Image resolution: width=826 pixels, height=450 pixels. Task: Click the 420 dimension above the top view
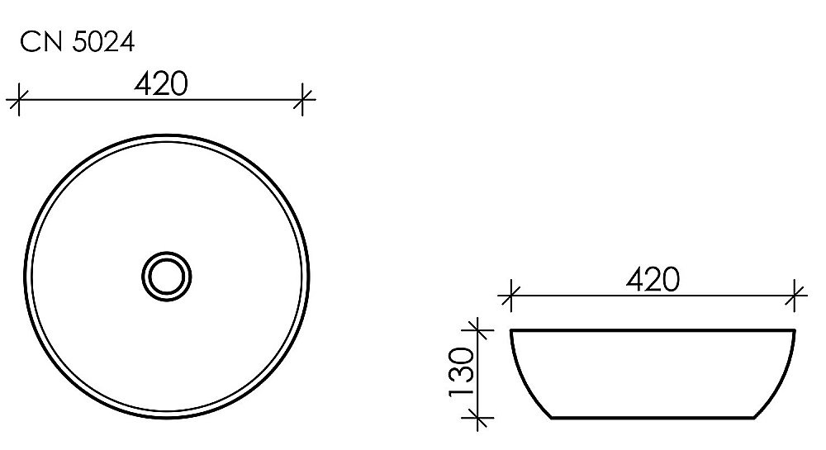click(162, 83)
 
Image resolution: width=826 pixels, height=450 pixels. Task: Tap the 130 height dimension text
click(460, 372)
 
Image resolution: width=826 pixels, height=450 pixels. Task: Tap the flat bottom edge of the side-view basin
click(653, 418)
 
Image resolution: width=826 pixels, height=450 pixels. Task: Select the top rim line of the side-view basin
click(653, 330)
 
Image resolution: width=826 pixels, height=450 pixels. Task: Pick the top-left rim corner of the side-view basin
click(513, 331)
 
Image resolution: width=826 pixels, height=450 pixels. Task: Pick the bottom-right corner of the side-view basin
click(755, 418)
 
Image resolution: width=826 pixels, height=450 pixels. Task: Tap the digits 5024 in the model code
click(102, 42)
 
